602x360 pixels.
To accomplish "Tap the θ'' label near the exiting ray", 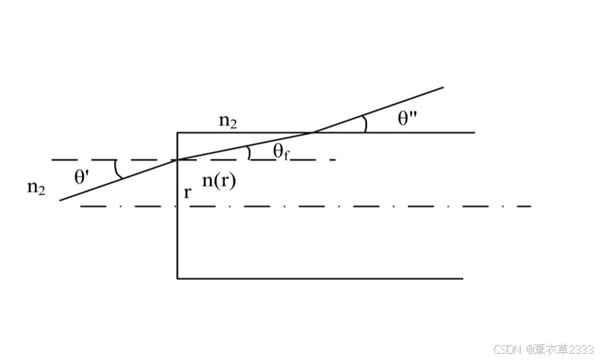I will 408,118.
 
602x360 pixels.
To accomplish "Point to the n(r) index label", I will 219,181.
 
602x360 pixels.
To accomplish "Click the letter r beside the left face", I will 187,192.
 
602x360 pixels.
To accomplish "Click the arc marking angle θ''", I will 365,124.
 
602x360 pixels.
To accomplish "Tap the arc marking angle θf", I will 248,152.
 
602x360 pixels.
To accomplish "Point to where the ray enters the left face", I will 178,160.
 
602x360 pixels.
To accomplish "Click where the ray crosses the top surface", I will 313,133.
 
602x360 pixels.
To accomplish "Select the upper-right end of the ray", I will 443,87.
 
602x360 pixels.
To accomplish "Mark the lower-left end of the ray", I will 61,200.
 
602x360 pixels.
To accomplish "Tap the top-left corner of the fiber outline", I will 178,133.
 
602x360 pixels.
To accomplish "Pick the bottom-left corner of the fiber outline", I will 178,278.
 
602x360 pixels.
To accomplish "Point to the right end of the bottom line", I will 462,278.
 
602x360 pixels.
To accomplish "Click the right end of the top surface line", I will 474,133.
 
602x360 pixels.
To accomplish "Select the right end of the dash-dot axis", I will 531,206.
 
